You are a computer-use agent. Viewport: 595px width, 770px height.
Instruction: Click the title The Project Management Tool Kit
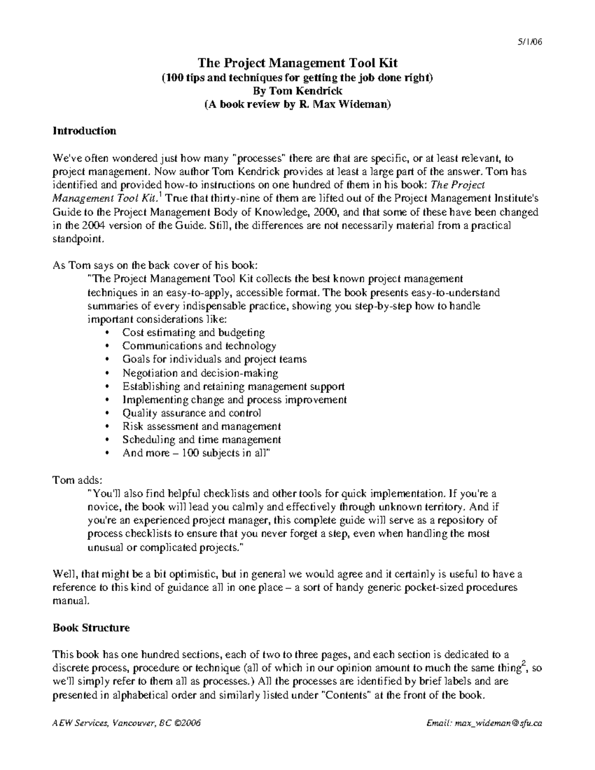pyautogui.click(x=297, y=63)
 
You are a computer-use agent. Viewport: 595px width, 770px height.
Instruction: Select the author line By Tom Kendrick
pyautogui.click(x=297, y=91)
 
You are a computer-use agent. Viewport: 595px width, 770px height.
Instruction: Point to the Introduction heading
pyautogui.click(x=84, y=131)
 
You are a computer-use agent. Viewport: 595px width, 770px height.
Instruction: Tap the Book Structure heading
pyautogui.click(x=91, y=628)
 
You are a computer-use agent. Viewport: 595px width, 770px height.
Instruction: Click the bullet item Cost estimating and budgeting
pyautogui.click(x=193, y=333)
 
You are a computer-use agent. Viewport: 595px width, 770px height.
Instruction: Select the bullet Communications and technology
pyautogui.click(x=199, y=346)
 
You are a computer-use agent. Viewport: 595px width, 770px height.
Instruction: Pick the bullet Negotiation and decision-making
pyautogui.click(x=200, y=373)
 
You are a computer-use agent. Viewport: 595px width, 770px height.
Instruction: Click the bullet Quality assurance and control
pyautogui.click(x=191, y=413)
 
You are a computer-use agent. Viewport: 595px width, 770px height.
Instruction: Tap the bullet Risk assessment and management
pyautogui.click(x=201, y=426)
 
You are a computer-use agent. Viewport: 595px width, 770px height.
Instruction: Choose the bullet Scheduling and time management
pyautogui.click(x=201, y=440)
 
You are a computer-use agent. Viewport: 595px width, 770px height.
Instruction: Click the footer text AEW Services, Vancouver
pyautogui.click(x=126, y=723)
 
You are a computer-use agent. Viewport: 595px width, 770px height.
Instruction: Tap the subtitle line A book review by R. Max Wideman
pyautogui.click(x=297, y=105)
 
